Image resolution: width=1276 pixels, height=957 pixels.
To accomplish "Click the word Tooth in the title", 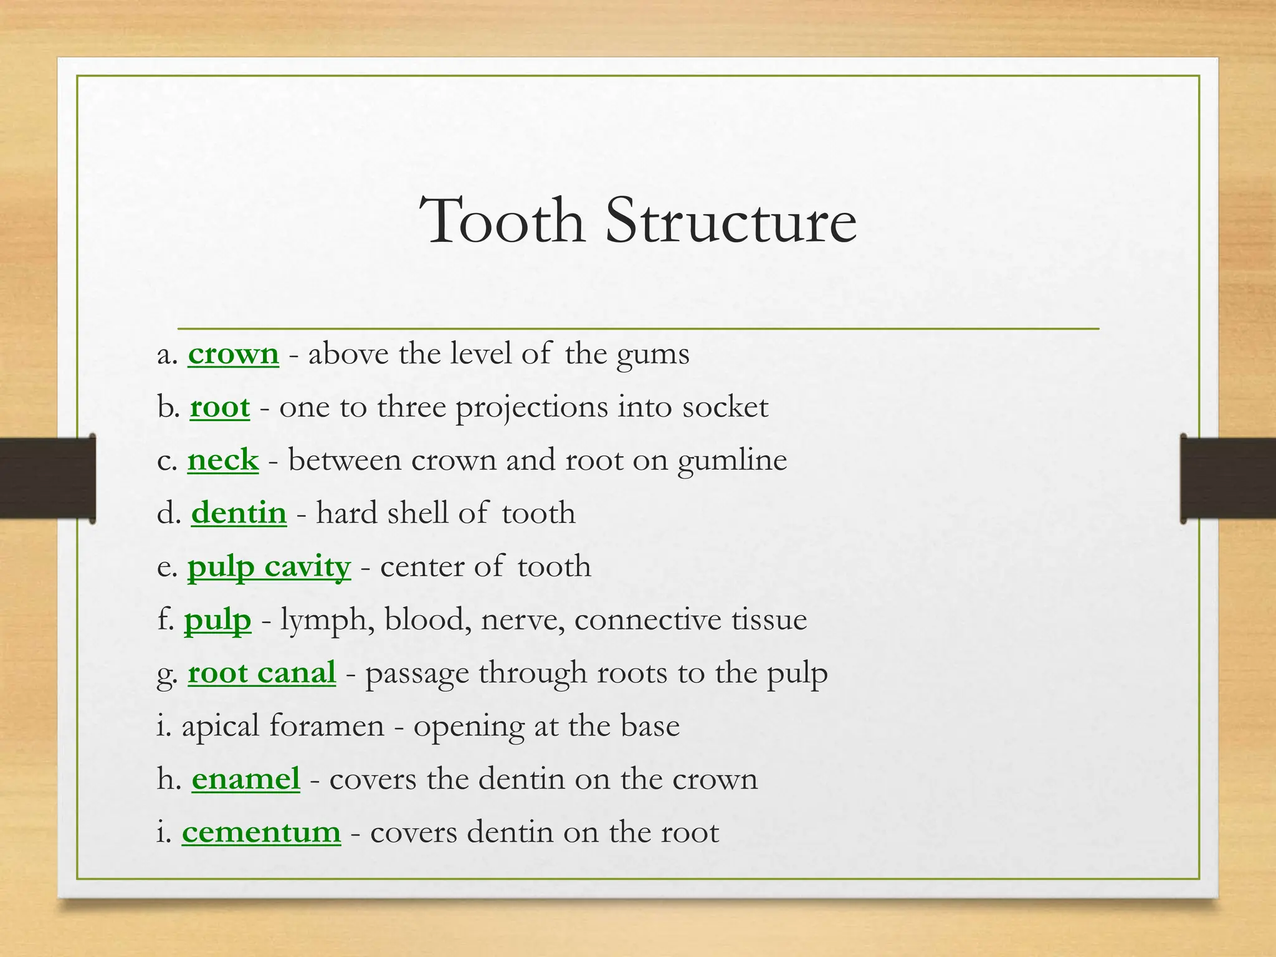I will pyautogui.click(x=502, y=221).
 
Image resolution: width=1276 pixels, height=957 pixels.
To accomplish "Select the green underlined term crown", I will pyautogui.click(x=233, y=354).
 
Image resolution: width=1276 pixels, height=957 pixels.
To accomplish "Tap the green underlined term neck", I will pyautogui.click(x=222, y=460).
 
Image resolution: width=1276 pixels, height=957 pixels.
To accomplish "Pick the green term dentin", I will pyautogui.click(x=239, y=513).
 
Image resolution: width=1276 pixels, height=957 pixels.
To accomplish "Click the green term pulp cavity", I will pyautogui.click(x=269, y=567).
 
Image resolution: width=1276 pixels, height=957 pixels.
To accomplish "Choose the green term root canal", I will pyautogui.click(x=262, y=673).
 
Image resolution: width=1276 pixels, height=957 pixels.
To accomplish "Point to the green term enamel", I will pyautogui.click(x=245, y=779).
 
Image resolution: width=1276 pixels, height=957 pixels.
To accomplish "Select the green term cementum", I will pyautogui.click(x=261, y=832).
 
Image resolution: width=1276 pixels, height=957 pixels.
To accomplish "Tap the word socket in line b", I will pyautogui.click(x=725, y=407).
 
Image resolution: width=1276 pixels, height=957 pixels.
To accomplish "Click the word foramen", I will pyautogui.click(x=327, y=726).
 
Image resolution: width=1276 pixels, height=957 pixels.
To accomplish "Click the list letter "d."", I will pyautogui.click(x=169, y=513).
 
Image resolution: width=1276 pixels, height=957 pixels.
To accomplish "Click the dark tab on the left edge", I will pyautogui.click(x=47, y=478).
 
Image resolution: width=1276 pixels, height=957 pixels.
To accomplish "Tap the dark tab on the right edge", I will pyautogui.click(x=1228, y=478).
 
